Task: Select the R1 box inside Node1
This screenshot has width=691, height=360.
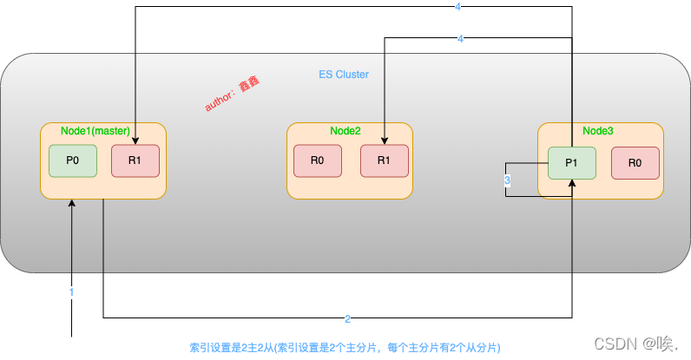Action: point(135,161)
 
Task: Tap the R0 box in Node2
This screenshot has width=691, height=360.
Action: point(317,161)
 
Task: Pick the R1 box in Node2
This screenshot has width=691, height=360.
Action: point(384,161)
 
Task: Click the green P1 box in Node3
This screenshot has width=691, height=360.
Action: point(571,163)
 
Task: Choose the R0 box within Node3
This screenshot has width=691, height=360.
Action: point(635,163)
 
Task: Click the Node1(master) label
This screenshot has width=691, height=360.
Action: point(95,131)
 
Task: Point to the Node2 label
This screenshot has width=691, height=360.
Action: point(345,131)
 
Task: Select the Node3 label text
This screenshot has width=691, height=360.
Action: point(597,131)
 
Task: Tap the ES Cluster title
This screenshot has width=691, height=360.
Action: point(344,75)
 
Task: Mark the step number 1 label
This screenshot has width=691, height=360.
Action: point(71,292)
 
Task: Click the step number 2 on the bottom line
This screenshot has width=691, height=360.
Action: point(347,318)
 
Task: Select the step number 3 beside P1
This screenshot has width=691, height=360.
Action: point(507,180)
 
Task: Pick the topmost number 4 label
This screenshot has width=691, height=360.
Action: point(459,8)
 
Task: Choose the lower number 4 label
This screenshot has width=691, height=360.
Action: point(460,39)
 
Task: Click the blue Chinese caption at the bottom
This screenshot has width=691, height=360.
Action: point(345,347)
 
